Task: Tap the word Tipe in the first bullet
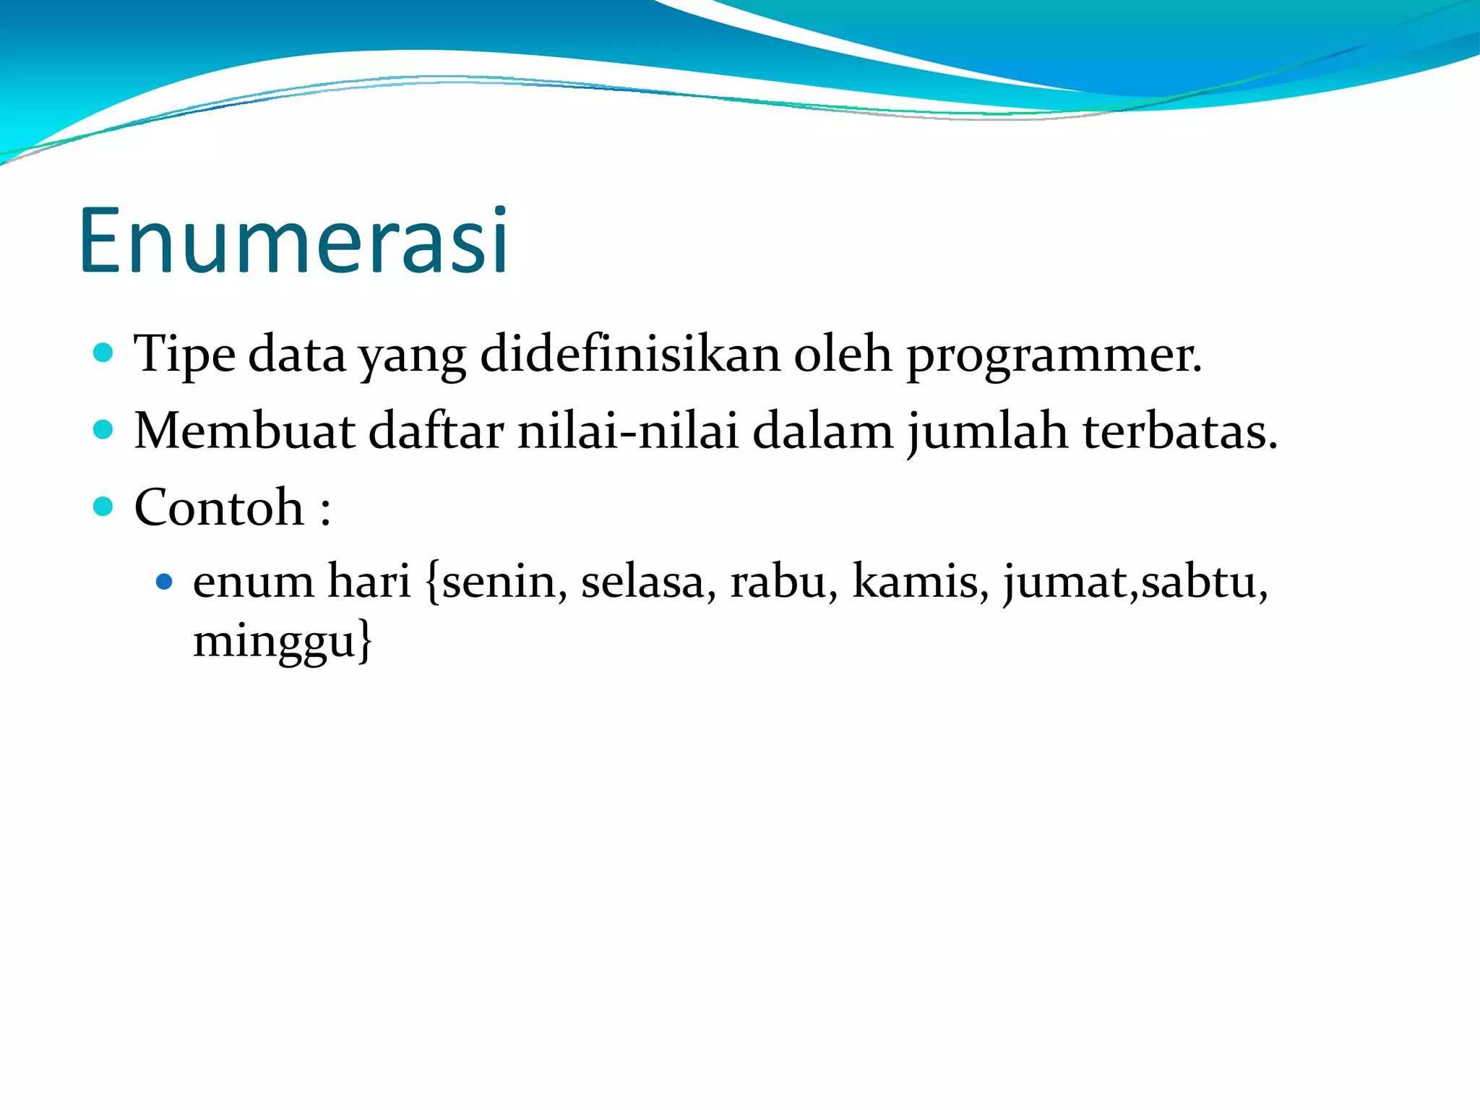[184, 355]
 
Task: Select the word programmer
[1054, 355]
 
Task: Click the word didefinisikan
[629, 355]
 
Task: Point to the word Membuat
[244, 431]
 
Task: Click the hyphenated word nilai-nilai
[628, 431]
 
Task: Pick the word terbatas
[1179, 431]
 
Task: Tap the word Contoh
[219, 507]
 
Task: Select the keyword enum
[253, 582]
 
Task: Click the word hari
[369, 582]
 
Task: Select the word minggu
[275, 642]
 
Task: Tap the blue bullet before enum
[165, 581]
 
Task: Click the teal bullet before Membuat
[104, 431]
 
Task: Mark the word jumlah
[987, 431]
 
